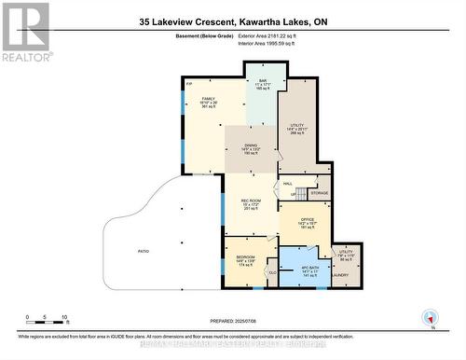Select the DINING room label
(250, 145)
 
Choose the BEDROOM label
(245, 256)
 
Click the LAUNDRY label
(341, 275)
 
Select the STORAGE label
(319, 193)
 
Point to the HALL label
(289, 184)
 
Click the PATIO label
(144, 251)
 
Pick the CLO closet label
(272, 271)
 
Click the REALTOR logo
(25, 31)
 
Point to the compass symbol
(429, 317)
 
